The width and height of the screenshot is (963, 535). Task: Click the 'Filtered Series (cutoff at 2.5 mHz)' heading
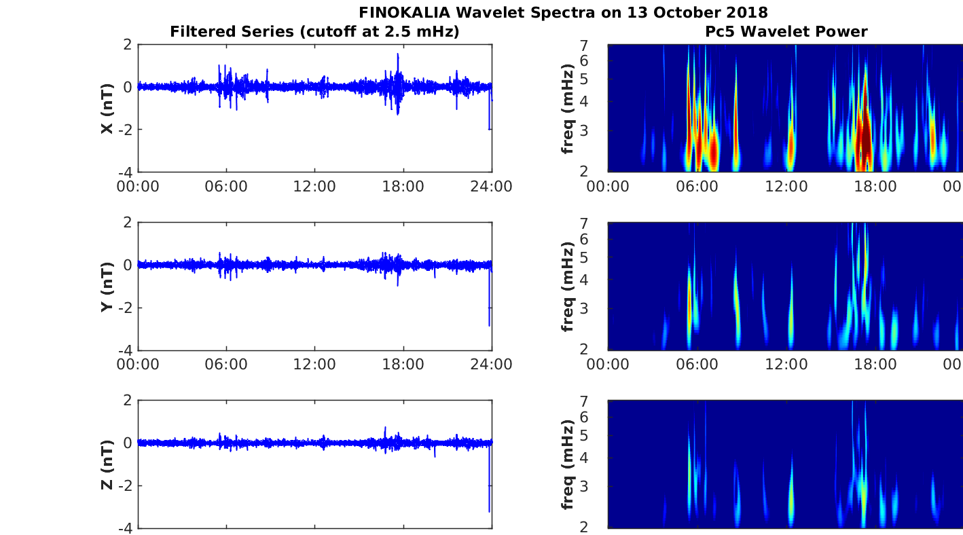pyautogui.click(x=314, y=31)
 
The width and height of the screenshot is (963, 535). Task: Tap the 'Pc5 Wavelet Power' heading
pyautogui.click(x=786, y=31)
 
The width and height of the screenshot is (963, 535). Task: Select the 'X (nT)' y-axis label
pyautogui.click(x=107, y=108)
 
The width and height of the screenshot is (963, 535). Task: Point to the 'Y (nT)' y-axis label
pyautogui.click(x=107, y=287)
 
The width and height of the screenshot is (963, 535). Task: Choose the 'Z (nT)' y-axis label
pyautogui.click(x=107, y=464)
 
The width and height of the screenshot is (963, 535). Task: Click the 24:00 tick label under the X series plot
pyautogui.click(x=492, y=187)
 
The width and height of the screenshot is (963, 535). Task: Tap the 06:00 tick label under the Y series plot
pyautogui.click(x=226, y=365)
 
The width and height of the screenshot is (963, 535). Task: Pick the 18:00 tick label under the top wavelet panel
pyautogui.click(x=875, y=187)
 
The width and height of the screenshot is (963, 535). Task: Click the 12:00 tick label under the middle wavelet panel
pyautogui.click(x=786, y=365)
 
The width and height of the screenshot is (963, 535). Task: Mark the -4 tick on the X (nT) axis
pyautogui.click(x=126, y=172)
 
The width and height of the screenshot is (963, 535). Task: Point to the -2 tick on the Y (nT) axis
pyautogui.click(x=126, y=308)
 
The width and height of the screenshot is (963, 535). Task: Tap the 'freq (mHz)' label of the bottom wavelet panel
pyautogui.click(x=568, y=464)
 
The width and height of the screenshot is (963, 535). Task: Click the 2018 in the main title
pyautogui.click(x=750, y=12)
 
